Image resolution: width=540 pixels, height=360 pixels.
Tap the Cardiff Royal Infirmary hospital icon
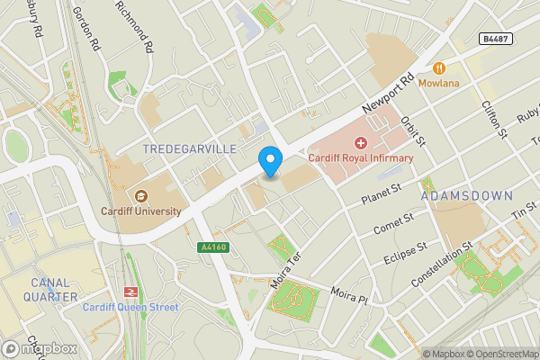pos(361,143)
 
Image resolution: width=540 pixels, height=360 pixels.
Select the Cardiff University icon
pos(140,196)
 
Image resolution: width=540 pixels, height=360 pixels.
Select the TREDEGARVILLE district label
pos(189,148)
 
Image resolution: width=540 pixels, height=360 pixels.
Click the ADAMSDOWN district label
pos(466,195)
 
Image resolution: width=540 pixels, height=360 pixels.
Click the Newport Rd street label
pos(387,94)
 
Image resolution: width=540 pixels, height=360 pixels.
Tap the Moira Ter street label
pos(283,269)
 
